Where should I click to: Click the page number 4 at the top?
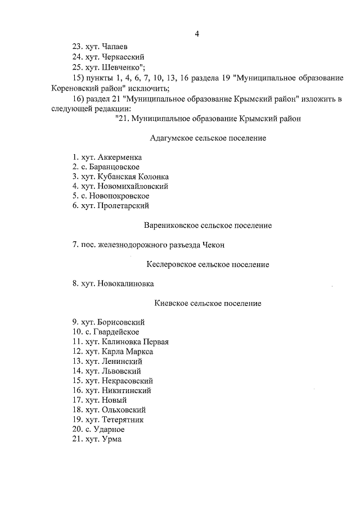pyautogui.click(x=197, y=34)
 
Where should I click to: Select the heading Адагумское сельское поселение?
pyautogui.click(x=208, y=138)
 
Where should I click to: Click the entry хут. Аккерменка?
pyautogui.click(x=107, y=157)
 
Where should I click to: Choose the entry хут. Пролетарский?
pyautogui.click(x=110, y=206)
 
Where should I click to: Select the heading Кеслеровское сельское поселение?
pyautogui.click(x=208, y=264)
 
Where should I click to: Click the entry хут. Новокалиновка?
pyautogui.click(x=112, y=283)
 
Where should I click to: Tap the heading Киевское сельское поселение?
pyautogui.click(x=208, y=303)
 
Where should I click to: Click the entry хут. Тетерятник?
pyautogui.click(x=108, y=420)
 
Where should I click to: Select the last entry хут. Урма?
pyautogui.click(x=96, y=439)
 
